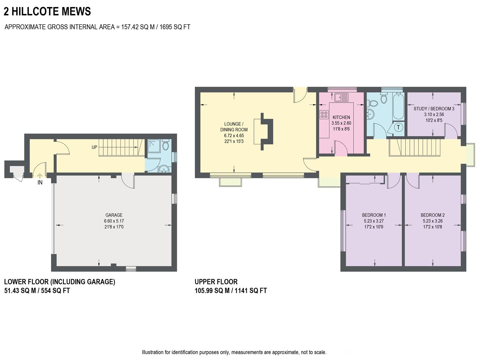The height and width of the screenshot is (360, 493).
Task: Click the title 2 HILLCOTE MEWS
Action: [x=47, y=12]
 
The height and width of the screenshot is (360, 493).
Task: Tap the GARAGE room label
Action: [x=114, y=215]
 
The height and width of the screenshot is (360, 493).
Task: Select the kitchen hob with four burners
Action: [x=324, y=115]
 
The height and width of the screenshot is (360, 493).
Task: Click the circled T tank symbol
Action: [x=398, y=128]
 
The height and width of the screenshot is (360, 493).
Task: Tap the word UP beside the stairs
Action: [x=95, y=147]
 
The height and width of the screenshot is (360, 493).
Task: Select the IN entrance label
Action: [x=40, y=183]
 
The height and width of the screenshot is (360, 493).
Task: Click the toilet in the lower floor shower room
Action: [x=165, y=146]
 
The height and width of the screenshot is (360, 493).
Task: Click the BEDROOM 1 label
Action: [x=374, y=215]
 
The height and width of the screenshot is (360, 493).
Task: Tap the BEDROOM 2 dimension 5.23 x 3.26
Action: [x=432, y=221]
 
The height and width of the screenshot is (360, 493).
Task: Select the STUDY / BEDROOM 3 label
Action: [x=434, y=109]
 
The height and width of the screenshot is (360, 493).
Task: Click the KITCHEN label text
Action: [x=341, y=117]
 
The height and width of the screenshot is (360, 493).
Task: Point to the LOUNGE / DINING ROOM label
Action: [x=234, y=127]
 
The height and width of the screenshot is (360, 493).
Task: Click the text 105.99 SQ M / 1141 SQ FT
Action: [x=231, y=291]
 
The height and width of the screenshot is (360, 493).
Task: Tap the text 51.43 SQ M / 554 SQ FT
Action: [x=37, y=291]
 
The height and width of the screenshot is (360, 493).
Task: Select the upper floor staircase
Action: [x=415, y=148]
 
